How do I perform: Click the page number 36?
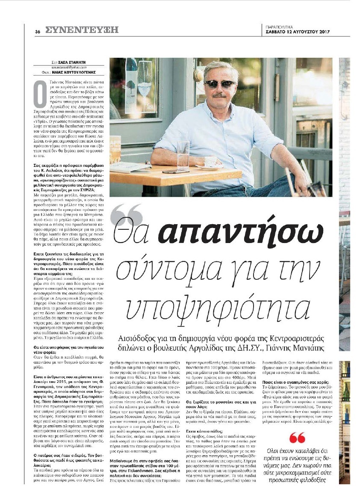[38, 31]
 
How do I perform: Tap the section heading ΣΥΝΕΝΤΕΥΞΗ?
[82, 30]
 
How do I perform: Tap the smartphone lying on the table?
[176, 172]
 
